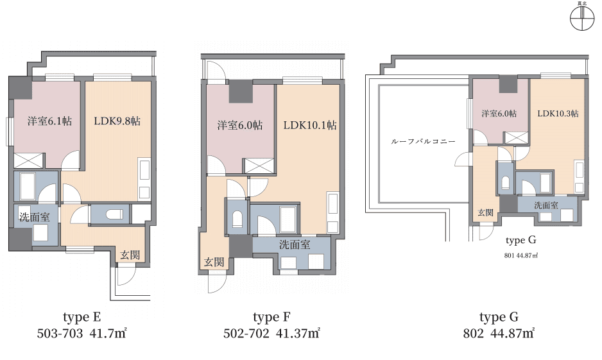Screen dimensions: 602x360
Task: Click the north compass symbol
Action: coord(582,18)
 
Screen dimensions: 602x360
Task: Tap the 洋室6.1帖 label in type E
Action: coord(49,121)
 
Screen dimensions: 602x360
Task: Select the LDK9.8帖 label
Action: coord(117,121)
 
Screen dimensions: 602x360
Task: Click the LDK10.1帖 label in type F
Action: coord(310,125)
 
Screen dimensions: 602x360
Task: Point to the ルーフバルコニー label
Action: coord(423,141)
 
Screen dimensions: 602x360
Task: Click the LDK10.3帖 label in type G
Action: coord(558,113)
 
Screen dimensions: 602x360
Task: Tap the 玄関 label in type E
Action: coord(130,255)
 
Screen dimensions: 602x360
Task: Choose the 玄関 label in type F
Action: coord(214,262)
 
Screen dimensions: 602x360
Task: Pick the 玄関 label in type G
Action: coord(485,212)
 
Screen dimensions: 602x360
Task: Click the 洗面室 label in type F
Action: coord(295,244)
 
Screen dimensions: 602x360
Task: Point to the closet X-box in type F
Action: coord(259,166)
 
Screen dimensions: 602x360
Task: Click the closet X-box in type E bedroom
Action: coord(28,160)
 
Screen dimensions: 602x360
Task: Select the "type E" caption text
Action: coord(82,318)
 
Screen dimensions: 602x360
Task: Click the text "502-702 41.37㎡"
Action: coord(271,333)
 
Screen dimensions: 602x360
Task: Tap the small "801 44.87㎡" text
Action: coord(521,255)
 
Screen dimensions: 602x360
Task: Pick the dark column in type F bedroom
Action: coord(241,91)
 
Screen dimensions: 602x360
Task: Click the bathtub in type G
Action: coord(546,183)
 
